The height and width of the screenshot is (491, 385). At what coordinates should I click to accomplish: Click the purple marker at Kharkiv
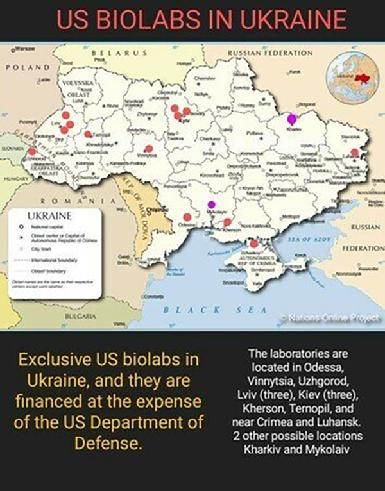(x=293, y=119)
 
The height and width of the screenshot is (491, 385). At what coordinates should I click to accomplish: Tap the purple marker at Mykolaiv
(x=211, y=204)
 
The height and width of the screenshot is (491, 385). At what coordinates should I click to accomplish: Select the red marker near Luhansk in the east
(x=354, y=153)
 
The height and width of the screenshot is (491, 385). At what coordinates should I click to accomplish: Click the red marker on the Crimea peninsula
(x=254, y=244)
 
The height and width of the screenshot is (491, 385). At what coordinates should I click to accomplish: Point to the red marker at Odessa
(x=187, y=217)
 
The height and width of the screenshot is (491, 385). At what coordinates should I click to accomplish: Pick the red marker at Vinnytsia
(x=148, y=149)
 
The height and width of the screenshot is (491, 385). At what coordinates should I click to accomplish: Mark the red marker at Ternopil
(x=87, y=135)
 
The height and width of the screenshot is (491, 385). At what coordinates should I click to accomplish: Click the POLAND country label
(x=27, y=67)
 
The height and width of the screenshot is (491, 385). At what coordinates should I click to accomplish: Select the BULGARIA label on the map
(x=75, y=316)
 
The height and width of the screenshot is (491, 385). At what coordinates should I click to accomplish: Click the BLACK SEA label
(x=212, y=310)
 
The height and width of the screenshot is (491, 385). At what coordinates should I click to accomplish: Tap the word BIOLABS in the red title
(x=162, y=19)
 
